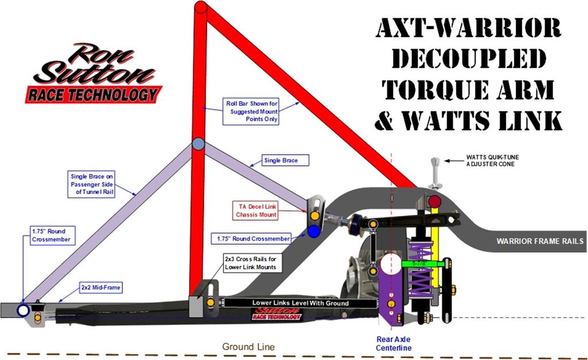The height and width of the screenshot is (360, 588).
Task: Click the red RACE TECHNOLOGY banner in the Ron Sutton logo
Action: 93,94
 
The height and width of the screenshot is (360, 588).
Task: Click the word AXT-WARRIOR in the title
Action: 468,29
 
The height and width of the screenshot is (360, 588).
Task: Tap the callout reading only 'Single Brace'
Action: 285,161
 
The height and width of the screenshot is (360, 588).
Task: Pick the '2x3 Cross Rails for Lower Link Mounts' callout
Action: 251,263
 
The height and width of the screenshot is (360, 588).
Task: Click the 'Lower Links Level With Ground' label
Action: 300,303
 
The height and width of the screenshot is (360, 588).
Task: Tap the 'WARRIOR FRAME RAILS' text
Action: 540,242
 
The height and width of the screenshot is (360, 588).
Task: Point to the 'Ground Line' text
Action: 249,347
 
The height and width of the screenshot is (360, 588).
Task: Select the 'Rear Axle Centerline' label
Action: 393,343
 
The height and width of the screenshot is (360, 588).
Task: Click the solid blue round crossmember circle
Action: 314,231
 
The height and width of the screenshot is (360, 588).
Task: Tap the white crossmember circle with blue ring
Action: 23,311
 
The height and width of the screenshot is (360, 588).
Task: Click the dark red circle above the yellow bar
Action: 435,202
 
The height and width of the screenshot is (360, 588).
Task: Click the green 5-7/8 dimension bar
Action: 423,264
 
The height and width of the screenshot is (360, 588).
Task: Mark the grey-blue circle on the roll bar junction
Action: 198,144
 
